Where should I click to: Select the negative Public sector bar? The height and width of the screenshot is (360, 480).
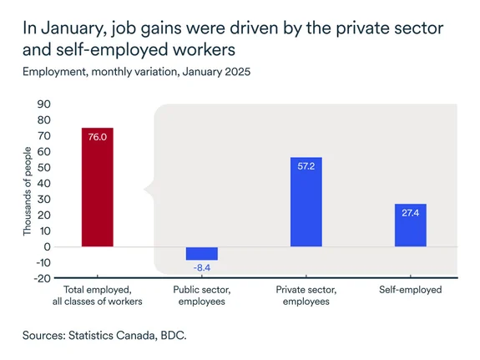click(x=201, y=254)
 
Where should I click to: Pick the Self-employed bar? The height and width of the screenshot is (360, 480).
click(x=410, y=226)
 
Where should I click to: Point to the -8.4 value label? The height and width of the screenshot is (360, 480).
click(x=201, y=267)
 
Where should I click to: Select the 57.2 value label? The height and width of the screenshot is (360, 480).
click(x=306, y=166)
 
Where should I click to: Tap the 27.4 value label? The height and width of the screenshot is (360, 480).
click(x=410, y=214)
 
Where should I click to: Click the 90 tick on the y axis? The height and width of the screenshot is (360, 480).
click(x=44, y=104)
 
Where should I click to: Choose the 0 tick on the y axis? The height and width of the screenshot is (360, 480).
click(x=48, y=247)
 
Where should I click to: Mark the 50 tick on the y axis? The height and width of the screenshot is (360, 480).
click(x=44, y=168)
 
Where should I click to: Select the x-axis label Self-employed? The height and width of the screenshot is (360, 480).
click(x=410, y=290)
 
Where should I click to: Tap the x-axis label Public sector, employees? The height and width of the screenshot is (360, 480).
click(x=201, y=295)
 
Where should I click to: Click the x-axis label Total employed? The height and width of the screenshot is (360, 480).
click(x=97, y=295)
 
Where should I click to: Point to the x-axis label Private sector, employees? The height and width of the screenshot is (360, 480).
click(x=306, y=295)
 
